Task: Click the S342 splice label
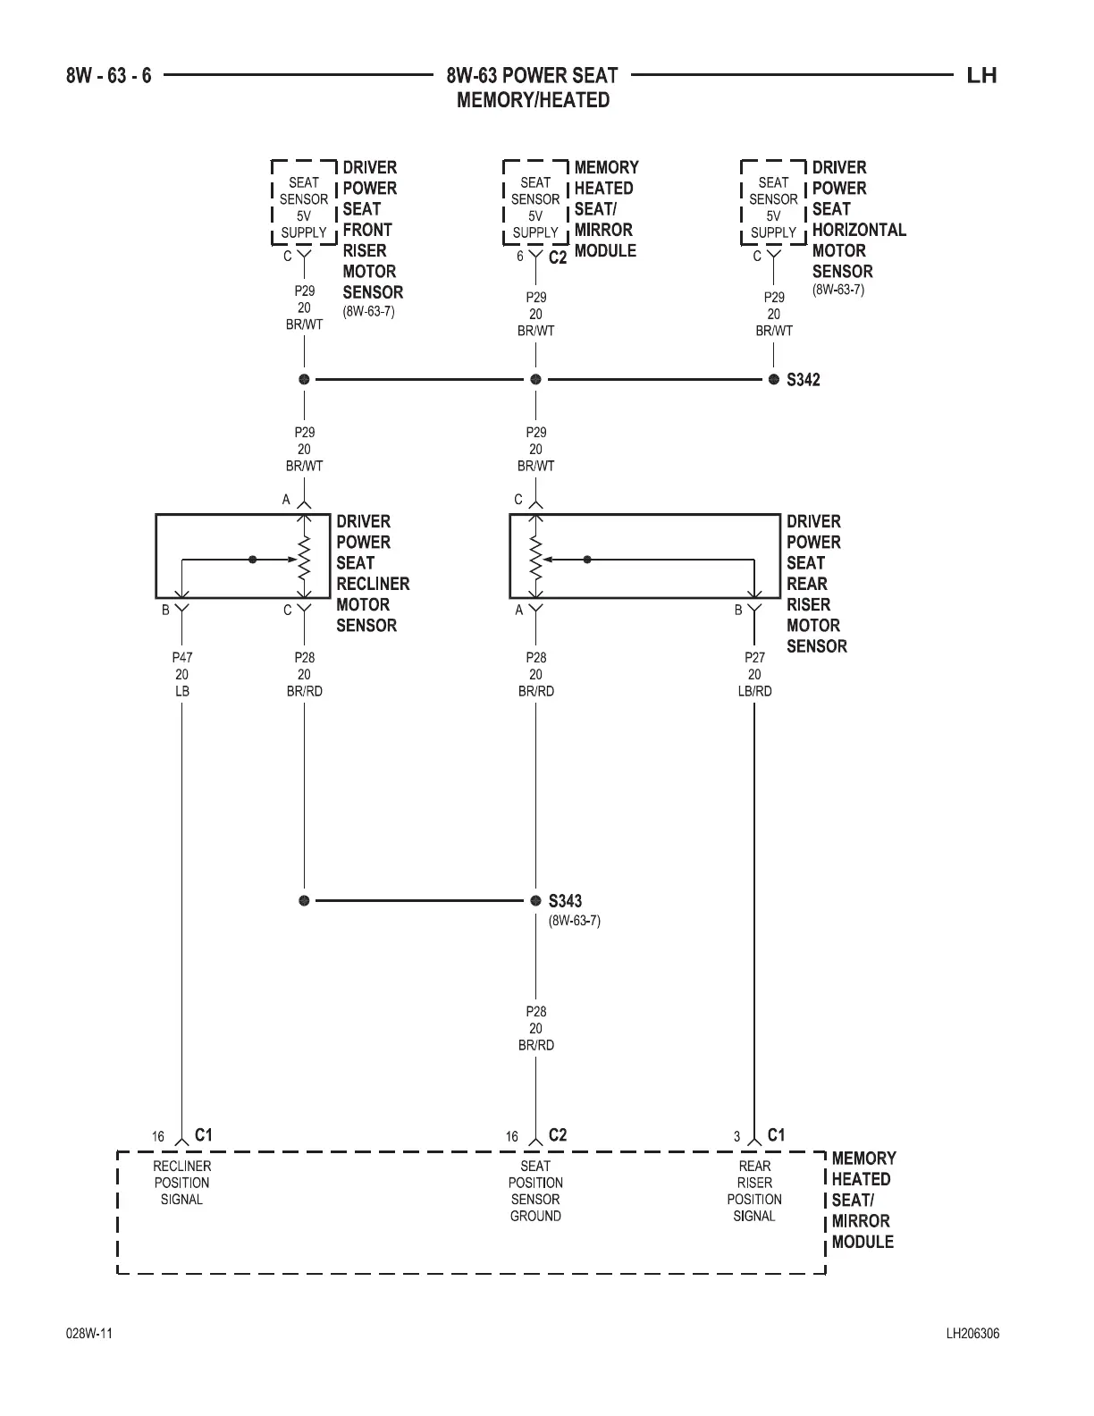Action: (x=803, y=380)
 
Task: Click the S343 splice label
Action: (x=565, y=901)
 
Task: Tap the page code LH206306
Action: (x=972, y=1334)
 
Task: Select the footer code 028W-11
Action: (x=89, y=1334)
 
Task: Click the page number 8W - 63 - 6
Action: (x=109, y=75)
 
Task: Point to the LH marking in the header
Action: (x=981, y=75)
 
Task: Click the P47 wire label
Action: (x=181, y=657)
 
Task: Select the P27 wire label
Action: (x=754, y=657)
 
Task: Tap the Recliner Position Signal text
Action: (x=181, y=1183)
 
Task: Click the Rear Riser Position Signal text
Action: (x=754, y=1191)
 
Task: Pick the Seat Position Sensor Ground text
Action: (x=535, y=1191)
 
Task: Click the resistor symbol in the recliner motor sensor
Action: (x=304, y=560)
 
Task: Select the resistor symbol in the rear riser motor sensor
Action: (x=535, y=560)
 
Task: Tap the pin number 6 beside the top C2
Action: (x=519, y=257)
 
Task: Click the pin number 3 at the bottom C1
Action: (x=737, y=1137)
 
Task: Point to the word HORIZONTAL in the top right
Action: (x=859, y=230)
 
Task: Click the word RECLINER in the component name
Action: (x=373, y=584)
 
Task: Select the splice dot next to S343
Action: (x=535, y=900)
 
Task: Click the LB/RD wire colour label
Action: (x=754, y=691)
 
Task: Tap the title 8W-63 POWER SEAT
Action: (x=533, y=75)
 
